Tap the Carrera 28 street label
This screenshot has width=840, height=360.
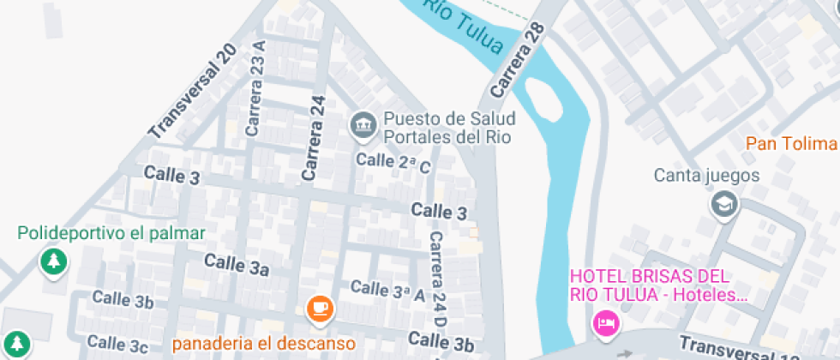point(518,59)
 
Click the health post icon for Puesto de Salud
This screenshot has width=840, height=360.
point(363,125)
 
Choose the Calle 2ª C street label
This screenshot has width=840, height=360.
point(393,162)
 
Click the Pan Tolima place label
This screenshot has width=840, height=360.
point(790,143)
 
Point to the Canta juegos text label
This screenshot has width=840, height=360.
point(707,176)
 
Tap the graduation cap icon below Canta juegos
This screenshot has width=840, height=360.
point(724,204)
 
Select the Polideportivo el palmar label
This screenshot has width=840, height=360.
point(111,233)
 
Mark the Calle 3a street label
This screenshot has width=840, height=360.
point(237,264)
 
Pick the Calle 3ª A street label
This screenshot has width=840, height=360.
point(388,291)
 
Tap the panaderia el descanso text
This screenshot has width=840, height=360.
point(264,344)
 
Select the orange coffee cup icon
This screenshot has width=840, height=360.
point(320,308)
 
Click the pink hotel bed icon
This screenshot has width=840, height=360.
point(605,323)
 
